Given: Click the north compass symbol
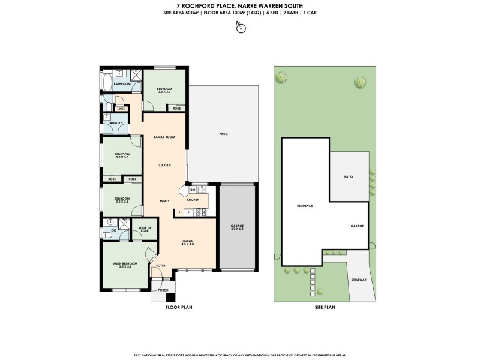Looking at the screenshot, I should (240, 28).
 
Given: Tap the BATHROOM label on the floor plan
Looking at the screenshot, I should (122, 84).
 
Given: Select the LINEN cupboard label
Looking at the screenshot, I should (121, 109).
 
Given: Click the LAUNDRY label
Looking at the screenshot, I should (116, 123).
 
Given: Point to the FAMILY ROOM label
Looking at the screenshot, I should (164, 137).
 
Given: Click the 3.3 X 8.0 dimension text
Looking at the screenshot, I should (164, 165).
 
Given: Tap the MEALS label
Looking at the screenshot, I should (164, 201).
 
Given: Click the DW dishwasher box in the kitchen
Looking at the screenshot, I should (193, 189).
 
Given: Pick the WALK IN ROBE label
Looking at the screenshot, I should (144, 229).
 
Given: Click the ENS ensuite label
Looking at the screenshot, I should (113, 230).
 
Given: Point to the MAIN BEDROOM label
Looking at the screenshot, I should (125, 265).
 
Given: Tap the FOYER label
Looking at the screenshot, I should (161, 265).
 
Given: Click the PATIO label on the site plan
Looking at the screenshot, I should (348, 177).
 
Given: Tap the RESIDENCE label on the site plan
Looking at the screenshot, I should (305, 206).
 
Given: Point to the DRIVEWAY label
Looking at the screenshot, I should (359, 280).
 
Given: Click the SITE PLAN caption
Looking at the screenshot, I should (325, 307).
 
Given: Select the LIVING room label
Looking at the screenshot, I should (189, 242).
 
